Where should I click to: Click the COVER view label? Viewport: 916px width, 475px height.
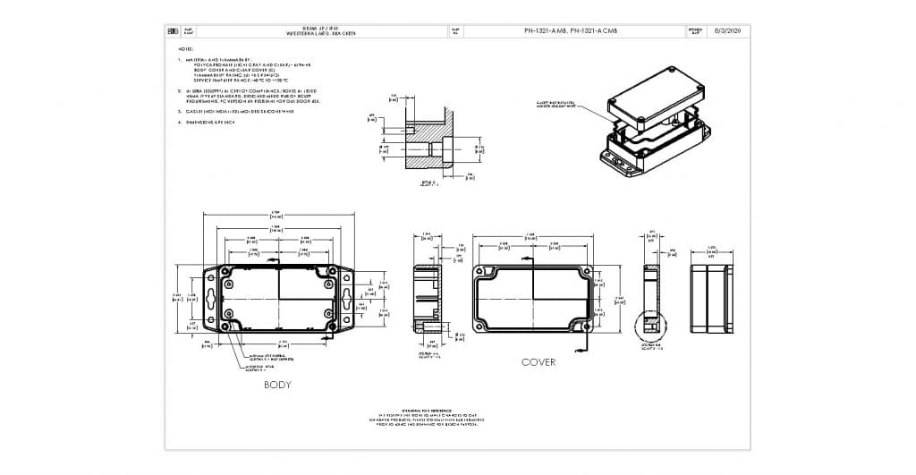pyautogui.click(x=539, y=362)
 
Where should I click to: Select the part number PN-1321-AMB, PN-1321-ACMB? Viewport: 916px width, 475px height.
pyautogui.click(x=570, y=30)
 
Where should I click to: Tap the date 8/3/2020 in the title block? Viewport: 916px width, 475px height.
pyautogui.click(x=728, y=30)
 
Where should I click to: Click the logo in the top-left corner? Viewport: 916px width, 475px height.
pyautogui.click(x=174, y=30)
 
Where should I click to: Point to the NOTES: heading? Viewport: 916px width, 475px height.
pyautogui.click(x=187, y=49)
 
